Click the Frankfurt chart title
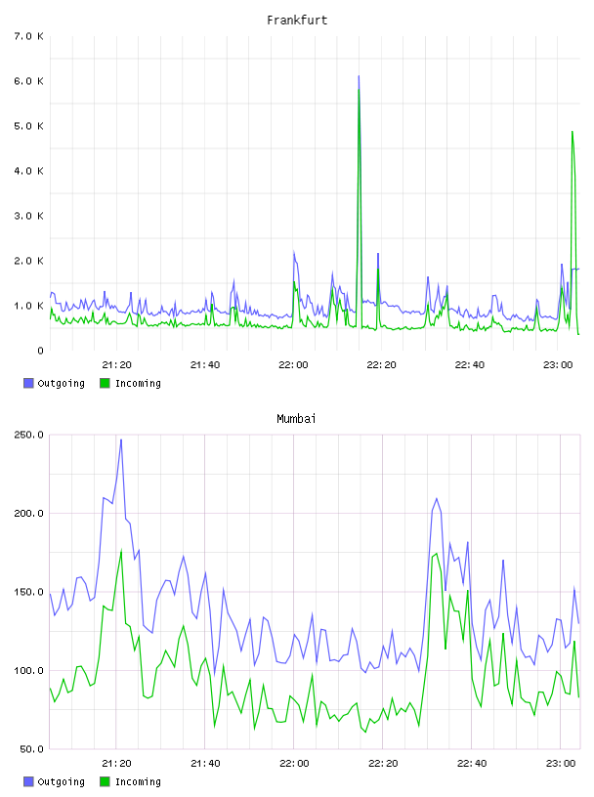(x=297, y=21)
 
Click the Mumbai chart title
(x=296, y=419)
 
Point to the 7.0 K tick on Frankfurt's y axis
(x=29, y=36)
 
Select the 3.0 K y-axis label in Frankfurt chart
(x=29, y=216)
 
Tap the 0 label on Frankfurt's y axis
(x=40, y=351)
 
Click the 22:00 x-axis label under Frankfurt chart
(x=293, y=365)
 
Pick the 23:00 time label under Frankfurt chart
(x=558, y=365)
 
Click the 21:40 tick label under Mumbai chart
(x=205, y=764)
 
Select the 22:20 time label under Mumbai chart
(x=383, y=764)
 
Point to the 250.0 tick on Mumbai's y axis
(x=29, y=435)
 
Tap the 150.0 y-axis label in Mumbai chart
(x=29, y=592)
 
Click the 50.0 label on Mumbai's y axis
(x=32, y=749)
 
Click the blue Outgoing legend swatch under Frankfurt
(x=28, y=383)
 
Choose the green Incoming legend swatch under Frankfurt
(x=105, y=383)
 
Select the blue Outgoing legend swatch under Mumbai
(x=28, y=781)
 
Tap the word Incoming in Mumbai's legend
(x=138, y=781)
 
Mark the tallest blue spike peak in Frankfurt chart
(x=359, y=76)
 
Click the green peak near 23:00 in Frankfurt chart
(x=573, y=132)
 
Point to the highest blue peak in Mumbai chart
(x=121, y=440)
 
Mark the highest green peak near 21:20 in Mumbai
(x=121, y=550)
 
